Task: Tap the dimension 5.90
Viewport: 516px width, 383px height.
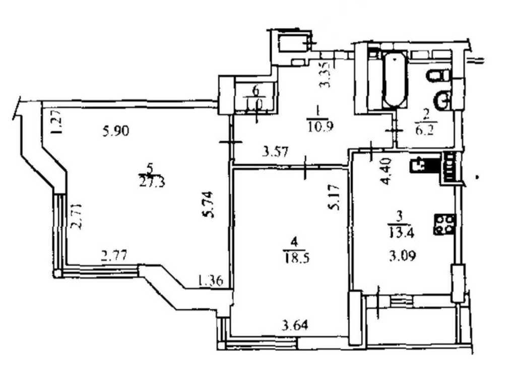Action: (x=116, y=132)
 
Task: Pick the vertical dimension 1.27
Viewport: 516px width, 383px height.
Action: (x=57, y=123)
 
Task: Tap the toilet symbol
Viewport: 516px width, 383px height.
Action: (x=438, y=76)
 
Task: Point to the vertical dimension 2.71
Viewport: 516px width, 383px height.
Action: (x=76, y=216)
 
